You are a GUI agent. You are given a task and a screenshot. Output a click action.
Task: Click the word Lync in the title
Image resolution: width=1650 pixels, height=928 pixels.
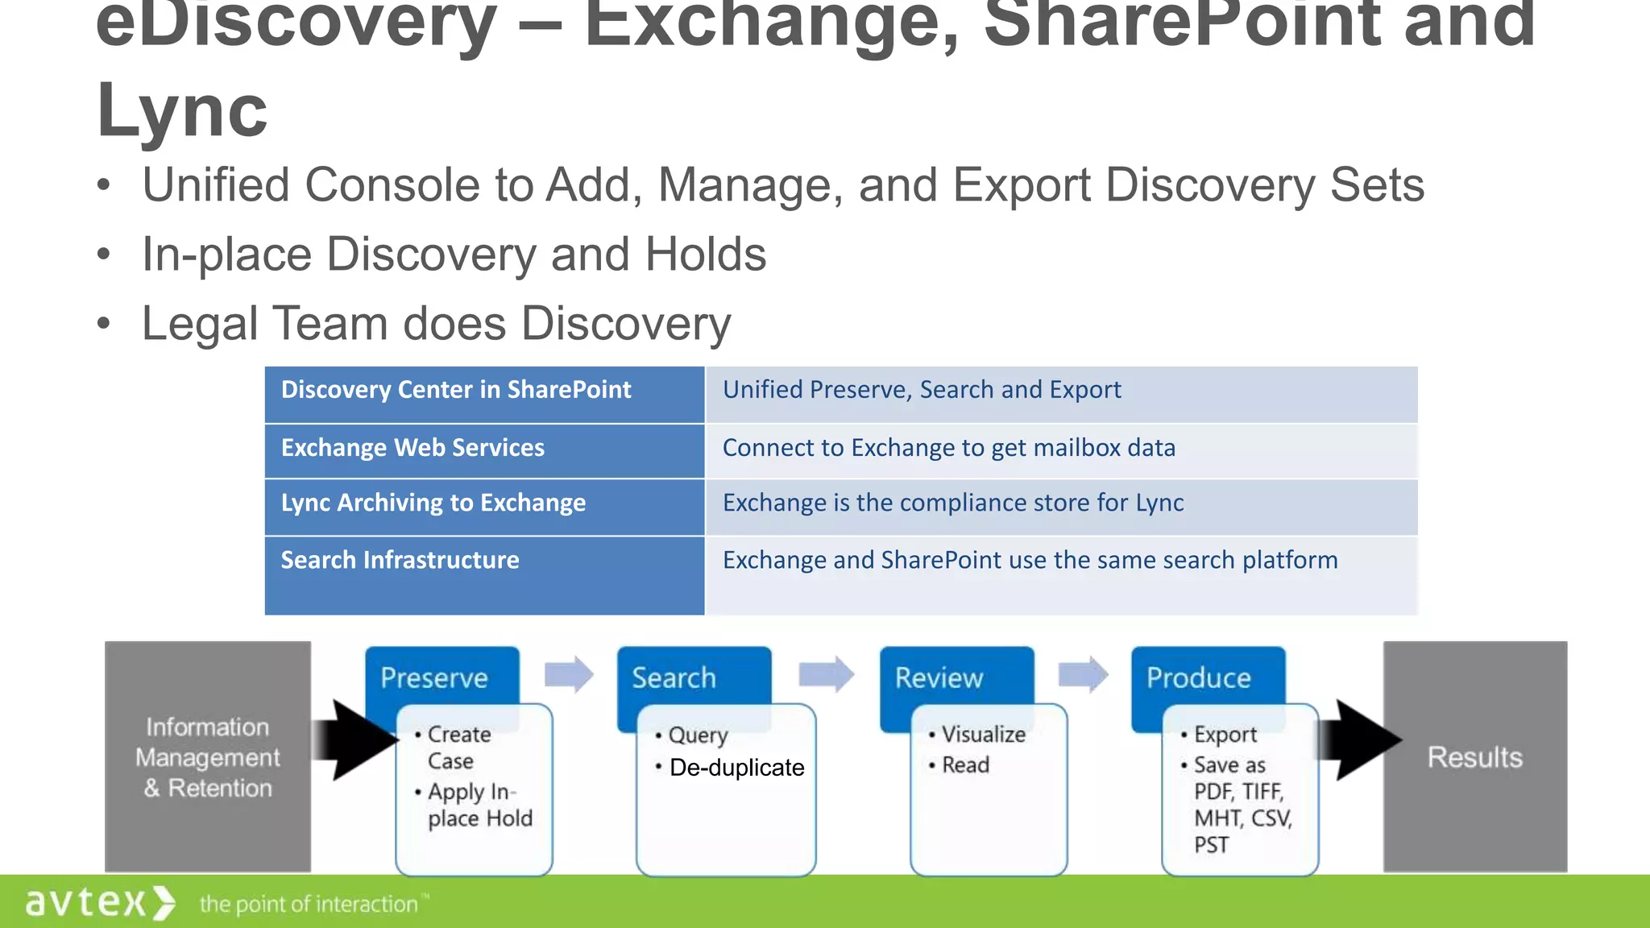181,111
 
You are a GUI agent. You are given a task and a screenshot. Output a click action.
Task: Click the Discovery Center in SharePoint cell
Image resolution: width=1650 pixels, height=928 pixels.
456,391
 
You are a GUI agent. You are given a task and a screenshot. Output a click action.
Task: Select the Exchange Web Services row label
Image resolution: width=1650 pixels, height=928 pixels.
412,449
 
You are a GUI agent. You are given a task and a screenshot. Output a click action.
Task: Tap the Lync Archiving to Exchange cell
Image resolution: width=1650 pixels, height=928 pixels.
433,503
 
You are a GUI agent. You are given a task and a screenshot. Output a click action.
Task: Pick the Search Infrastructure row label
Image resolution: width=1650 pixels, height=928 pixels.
400,561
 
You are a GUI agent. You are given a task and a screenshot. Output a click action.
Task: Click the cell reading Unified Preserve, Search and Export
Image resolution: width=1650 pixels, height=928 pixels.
922,391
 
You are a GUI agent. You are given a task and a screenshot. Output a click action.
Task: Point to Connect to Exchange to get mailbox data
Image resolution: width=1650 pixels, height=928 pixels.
948,449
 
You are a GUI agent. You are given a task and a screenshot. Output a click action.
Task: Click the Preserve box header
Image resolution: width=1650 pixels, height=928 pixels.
434,677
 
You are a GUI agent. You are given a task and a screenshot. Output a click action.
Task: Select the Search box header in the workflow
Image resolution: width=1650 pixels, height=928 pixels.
674,677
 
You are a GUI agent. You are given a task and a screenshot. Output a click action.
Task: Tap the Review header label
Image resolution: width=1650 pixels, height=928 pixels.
939,677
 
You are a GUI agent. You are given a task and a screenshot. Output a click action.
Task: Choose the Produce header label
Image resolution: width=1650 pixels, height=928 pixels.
1199,677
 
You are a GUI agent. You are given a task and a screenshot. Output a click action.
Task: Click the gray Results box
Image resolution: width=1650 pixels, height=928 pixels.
1474,757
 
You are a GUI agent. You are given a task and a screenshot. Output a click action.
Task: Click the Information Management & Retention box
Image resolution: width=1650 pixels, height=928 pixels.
208,757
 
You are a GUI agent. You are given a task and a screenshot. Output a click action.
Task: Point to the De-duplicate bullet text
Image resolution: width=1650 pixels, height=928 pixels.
736,768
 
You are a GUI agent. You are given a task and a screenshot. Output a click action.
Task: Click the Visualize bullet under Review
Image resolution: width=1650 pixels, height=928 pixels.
983,735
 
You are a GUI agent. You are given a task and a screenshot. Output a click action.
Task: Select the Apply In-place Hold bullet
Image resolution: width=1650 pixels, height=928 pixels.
479,805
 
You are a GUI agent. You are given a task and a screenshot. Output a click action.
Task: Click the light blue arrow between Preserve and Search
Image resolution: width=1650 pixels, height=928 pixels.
569,674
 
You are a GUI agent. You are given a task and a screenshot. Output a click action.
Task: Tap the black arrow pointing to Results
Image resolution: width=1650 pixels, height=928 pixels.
1362,740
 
